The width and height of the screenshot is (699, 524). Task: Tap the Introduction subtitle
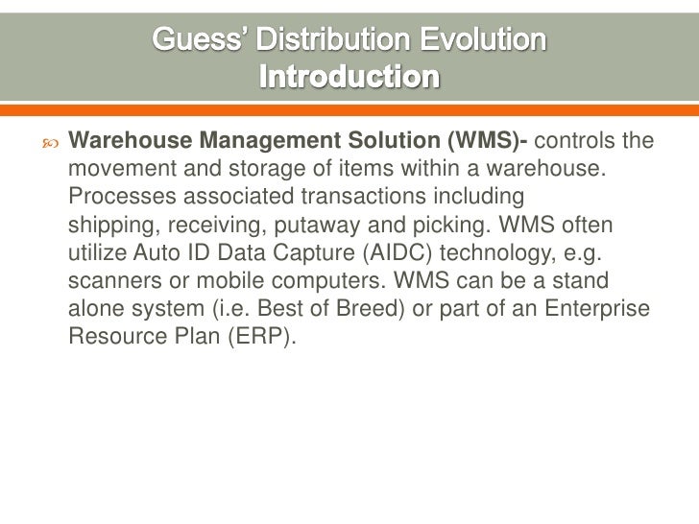349,74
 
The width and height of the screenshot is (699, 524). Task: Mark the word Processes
117,197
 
